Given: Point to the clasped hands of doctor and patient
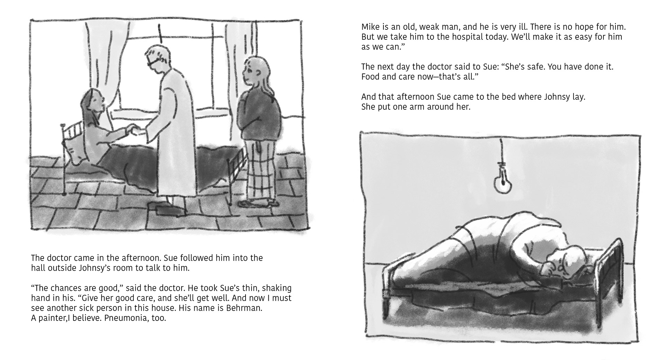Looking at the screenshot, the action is (135, 130).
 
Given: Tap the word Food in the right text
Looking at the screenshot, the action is (370, 76).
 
